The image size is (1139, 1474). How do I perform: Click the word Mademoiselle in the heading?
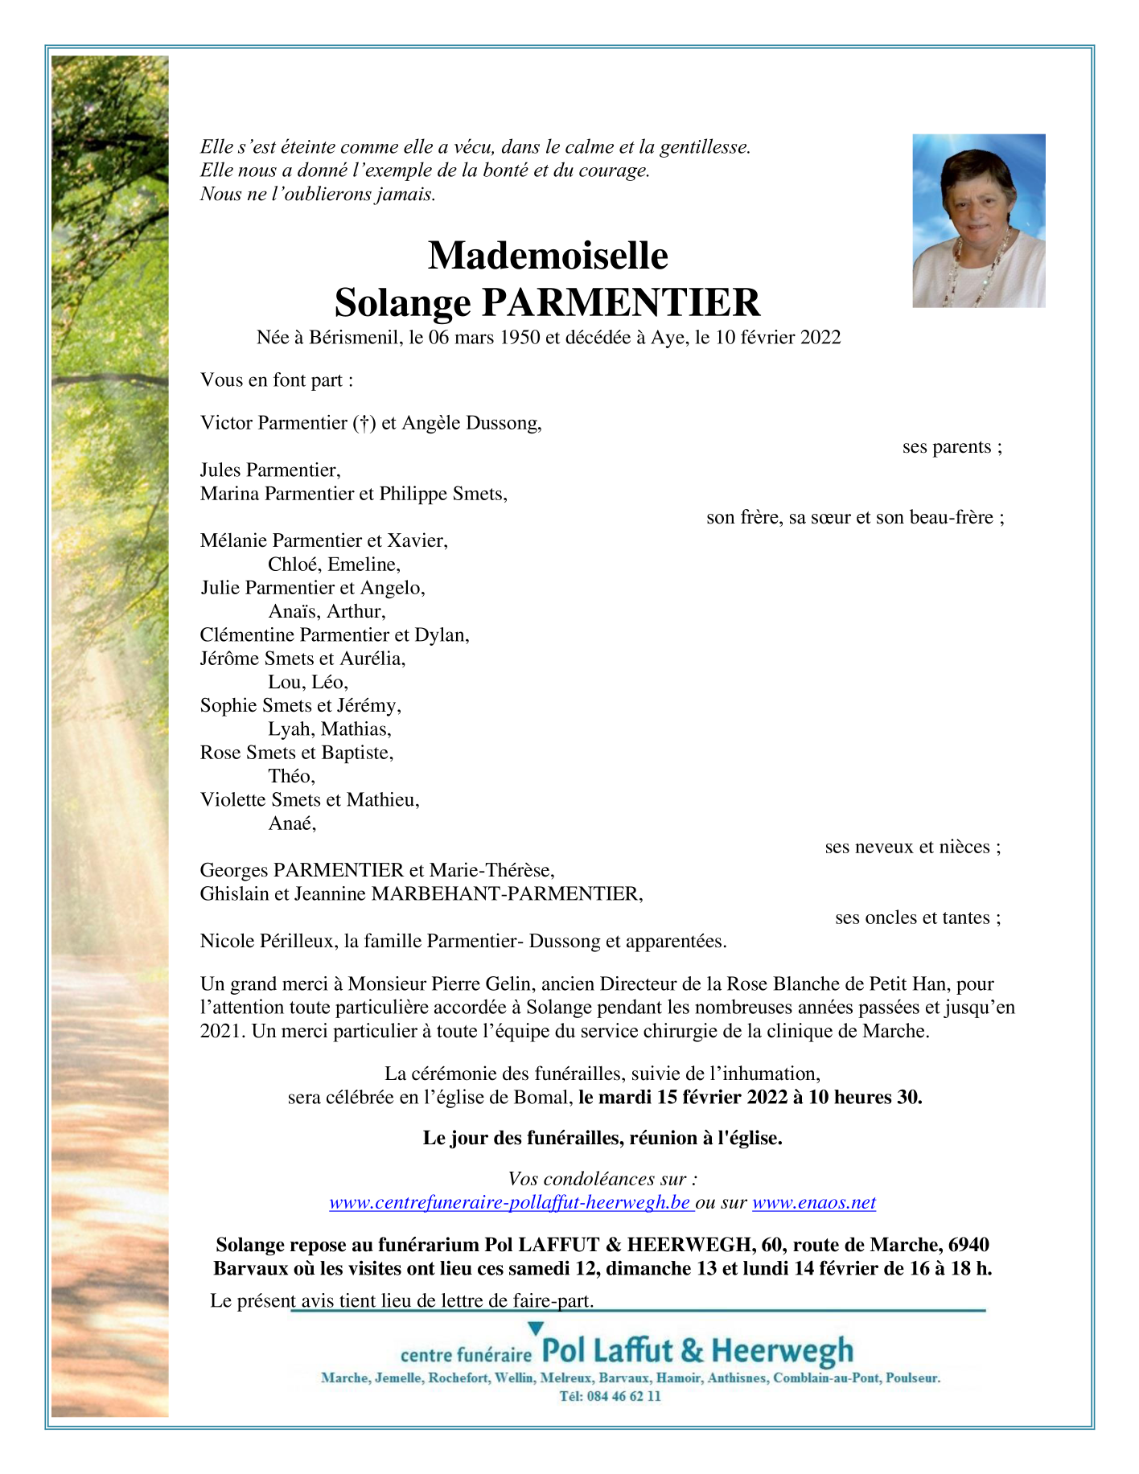pos(547,256)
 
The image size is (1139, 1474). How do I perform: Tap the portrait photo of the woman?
pos(978,221)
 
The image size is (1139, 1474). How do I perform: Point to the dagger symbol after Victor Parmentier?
pos(364,424)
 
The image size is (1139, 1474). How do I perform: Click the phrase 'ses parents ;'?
pos(952,447)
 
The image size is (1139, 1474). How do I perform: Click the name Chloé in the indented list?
pos(294,565)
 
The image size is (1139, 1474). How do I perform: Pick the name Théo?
pos(291,776)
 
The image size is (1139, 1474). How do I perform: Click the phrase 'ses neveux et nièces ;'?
pos(912,847)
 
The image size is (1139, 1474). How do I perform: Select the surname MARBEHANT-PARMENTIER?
pos(506,894)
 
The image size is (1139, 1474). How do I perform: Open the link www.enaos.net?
pos(813,1203)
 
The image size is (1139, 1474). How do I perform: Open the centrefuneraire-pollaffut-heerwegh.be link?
pos(510,1203)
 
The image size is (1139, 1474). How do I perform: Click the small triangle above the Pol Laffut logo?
pos(536,1328)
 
